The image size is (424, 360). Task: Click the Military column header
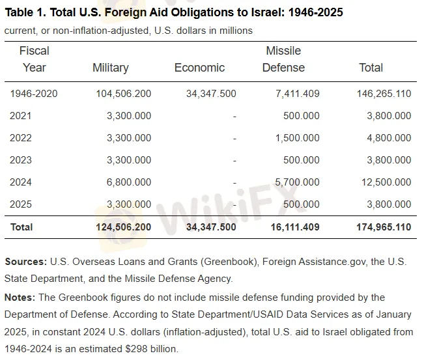click(111, 68)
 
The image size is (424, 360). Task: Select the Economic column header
click(199, 68)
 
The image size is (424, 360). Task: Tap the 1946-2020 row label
click(34, 94)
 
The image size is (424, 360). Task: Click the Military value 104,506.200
click(123, 94)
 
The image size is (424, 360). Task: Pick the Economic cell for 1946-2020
click(211, 94)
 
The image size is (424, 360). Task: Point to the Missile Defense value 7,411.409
click(298, 94)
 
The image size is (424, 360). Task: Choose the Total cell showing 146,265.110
click(384, 94)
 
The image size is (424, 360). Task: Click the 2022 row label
click(21, 138)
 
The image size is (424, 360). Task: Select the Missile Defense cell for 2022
click(298, 138)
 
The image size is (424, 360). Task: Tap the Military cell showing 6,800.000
click(129, 182)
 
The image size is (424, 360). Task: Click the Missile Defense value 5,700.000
click(298, 182)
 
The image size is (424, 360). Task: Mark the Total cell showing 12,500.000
click(386, 182)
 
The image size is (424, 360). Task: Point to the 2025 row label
click(21, 204)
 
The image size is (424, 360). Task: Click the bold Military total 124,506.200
click(123, 227)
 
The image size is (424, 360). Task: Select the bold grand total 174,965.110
click(384, 227)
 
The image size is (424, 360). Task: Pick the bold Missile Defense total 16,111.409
click(295, 227)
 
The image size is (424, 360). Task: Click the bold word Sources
click(25, 262)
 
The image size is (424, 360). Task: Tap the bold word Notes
click(21, 298)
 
